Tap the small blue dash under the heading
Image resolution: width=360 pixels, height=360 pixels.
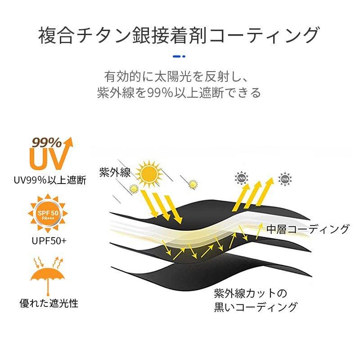click(179, 57)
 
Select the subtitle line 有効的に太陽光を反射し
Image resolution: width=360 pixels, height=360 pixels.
click(180, 75)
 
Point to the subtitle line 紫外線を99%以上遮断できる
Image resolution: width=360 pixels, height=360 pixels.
click(179, 93)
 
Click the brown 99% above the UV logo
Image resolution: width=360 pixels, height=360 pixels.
click(46, 143)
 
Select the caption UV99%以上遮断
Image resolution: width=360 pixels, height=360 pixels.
click(49, 180)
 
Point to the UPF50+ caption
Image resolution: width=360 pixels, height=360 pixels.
click(49, 241)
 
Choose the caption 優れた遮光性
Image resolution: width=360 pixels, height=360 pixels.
click(49, 303)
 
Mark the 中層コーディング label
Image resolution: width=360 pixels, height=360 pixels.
click(308, 229)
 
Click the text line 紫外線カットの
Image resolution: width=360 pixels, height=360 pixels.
click(250, 294)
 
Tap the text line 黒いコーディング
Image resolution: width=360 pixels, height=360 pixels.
click(256, 308)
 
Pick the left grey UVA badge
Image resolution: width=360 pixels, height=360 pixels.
click(239, 179)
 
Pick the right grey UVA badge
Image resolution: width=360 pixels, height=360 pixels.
click(284, 179)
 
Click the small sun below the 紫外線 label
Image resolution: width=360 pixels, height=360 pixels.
click(134, 189)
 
